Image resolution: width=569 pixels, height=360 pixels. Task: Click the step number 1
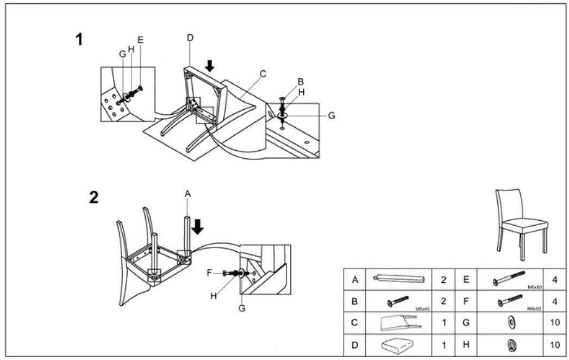(x=79, y=39)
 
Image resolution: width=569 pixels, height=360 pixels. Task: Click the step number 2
(x=93, y=197)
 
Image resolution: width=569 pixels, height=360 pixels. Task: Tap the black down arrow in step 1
(x=210, y=65)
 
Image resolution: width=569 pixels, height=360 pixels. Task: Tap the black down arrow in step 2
(x=197, y=226)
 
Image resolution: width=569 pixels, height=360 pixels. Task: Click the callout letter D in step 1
(x=190, y=37)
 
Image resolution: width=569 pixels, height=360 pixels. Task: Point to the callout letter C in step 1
(x=262, y=73)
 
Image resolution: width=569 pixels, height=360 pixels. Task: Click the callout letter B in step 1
(x=300, y=82)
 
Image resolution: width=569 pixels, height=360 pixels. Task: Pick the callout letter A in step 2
(x=188, y=194)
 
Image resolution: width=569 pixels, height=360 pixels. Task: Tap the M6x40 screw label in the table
(x=423, y=308)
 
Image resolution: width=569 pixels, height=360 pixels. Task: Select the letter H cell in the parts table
(x=466, y=344)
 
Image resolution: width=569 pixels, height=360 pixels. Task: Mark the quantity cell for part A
(x=443, y=280)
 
